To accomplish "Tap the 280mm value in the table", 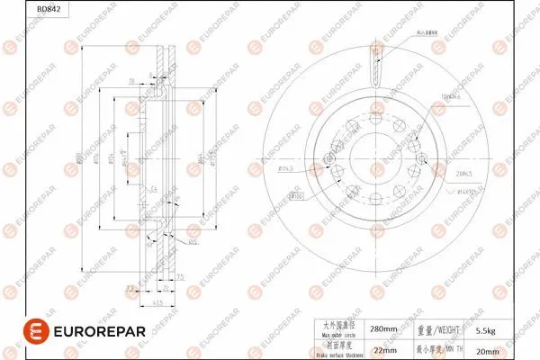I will (385, 330).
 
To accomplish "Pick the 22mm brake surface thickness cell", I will (385, 349).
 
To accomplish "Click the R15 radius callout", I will (192, 241).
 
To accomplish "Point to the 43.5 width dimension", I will (157, 302).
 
